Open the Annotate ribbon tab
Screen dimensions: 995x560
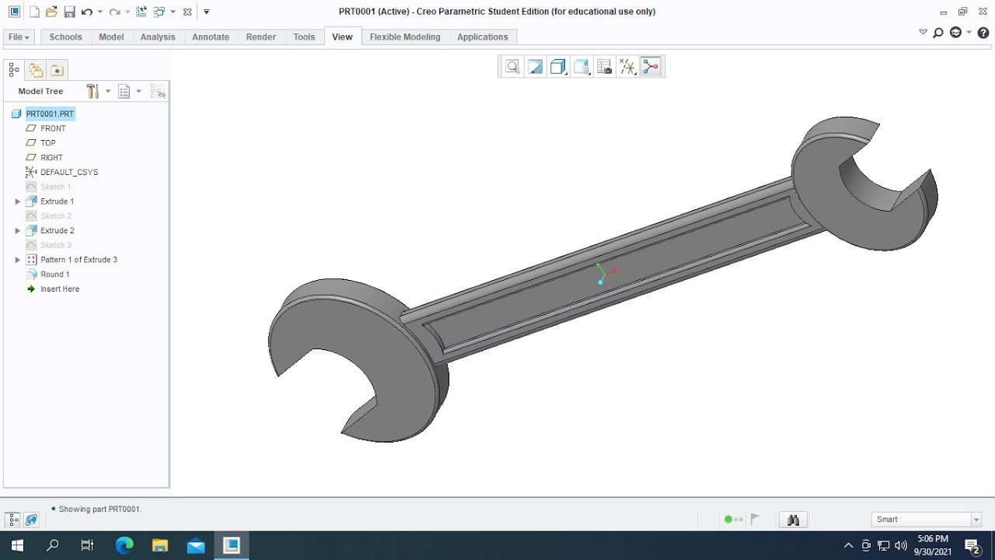(211, 37)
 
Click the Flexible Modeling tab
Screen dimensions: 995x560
(405, 37)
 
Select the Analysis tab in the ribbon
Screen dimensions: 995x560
(158, 37)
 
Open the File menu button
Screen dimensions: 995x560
(19, 37)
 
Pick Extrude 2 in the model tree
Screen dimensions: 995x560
(58, 230)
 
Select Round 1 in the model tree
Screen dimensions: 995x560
(55, 275)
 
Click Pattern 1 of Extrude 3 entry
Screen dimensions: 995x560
(79, 260)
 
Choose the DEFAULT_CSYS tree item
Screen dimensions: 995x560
(69, 172)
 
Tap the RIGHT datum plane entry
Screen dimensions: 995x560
(51, 157)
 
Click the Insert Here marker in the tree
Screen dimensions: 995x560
(60, 289)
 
